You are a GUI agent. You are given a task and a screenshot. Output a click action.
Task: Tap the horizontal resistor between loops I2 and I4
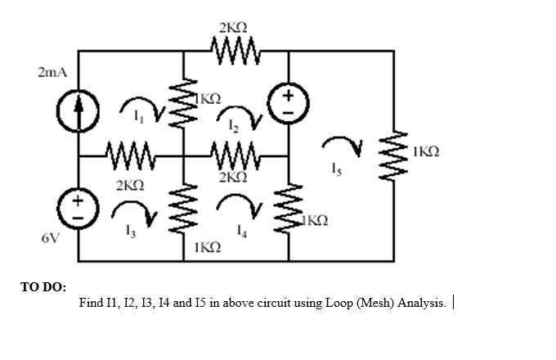235,154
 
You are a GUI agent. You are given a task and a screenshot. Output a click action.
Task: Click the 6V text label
51,238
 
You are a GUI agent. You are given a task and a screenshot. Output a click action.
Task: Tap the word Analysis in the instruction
422,304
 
